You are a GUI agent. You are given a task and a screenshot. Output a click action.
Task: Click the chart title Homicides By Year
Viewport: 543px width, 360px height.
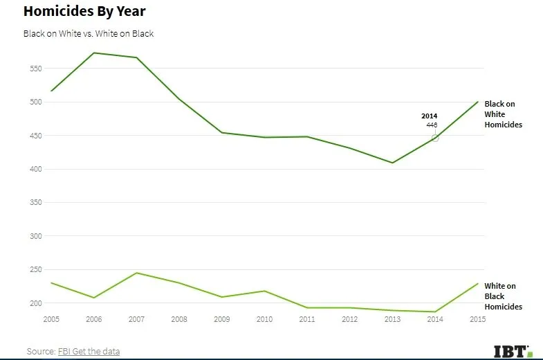pos(84,12)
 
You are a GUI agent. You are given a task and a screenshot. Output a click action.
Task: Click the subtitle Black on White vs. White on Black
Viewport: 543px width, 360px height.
pos(89,33)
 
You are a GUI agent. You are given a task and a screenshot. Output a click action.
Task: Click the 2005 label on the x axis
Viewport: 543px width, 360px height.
pos(51,319)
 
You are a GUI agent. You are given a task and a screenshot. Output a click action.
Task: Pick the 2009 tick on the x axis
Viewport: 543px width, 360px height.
pos(221,319)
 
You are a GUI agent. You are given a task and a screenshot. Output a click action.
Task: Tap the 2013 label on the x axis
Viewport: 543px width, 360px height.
pos(392,319)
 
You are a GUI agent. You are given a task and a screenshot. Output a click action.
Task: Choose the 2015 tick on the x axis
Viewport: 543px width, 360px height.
pos(477,319)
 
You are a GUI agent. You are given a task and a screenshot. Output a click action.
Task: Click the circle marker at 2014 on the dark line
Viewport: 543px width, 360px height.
pos(435,138)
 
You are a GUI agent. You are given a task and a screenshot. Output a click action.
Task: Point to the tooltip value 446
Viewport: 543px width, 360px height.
pos(431,125)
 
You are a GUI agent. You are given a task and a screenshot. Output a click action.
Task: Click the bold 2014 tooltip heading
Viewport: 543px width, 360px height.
pos(430,116)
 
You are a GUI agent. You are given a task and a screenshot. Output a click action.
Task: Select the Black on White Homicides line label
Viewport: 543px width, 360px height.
pos(503,114)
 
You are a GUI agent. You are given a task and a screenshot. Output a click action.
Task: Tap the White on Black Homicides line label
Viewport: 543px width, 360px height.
pos(503,296)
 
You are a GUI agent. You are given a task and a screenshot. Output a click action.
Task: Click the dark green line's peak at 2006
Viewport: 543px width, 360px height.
pos(94,53)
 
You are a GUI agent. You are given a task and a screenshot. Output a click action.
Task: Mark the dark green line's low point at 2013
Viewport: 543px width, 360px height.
pos(392,163)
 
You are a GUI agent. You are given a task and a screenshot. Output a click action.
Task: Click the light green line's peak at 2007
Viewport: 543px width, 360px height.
pos(136,273)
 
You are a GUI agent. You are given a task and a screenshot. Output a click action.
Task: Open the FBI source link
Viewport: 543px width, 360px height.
pos(65,352)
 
